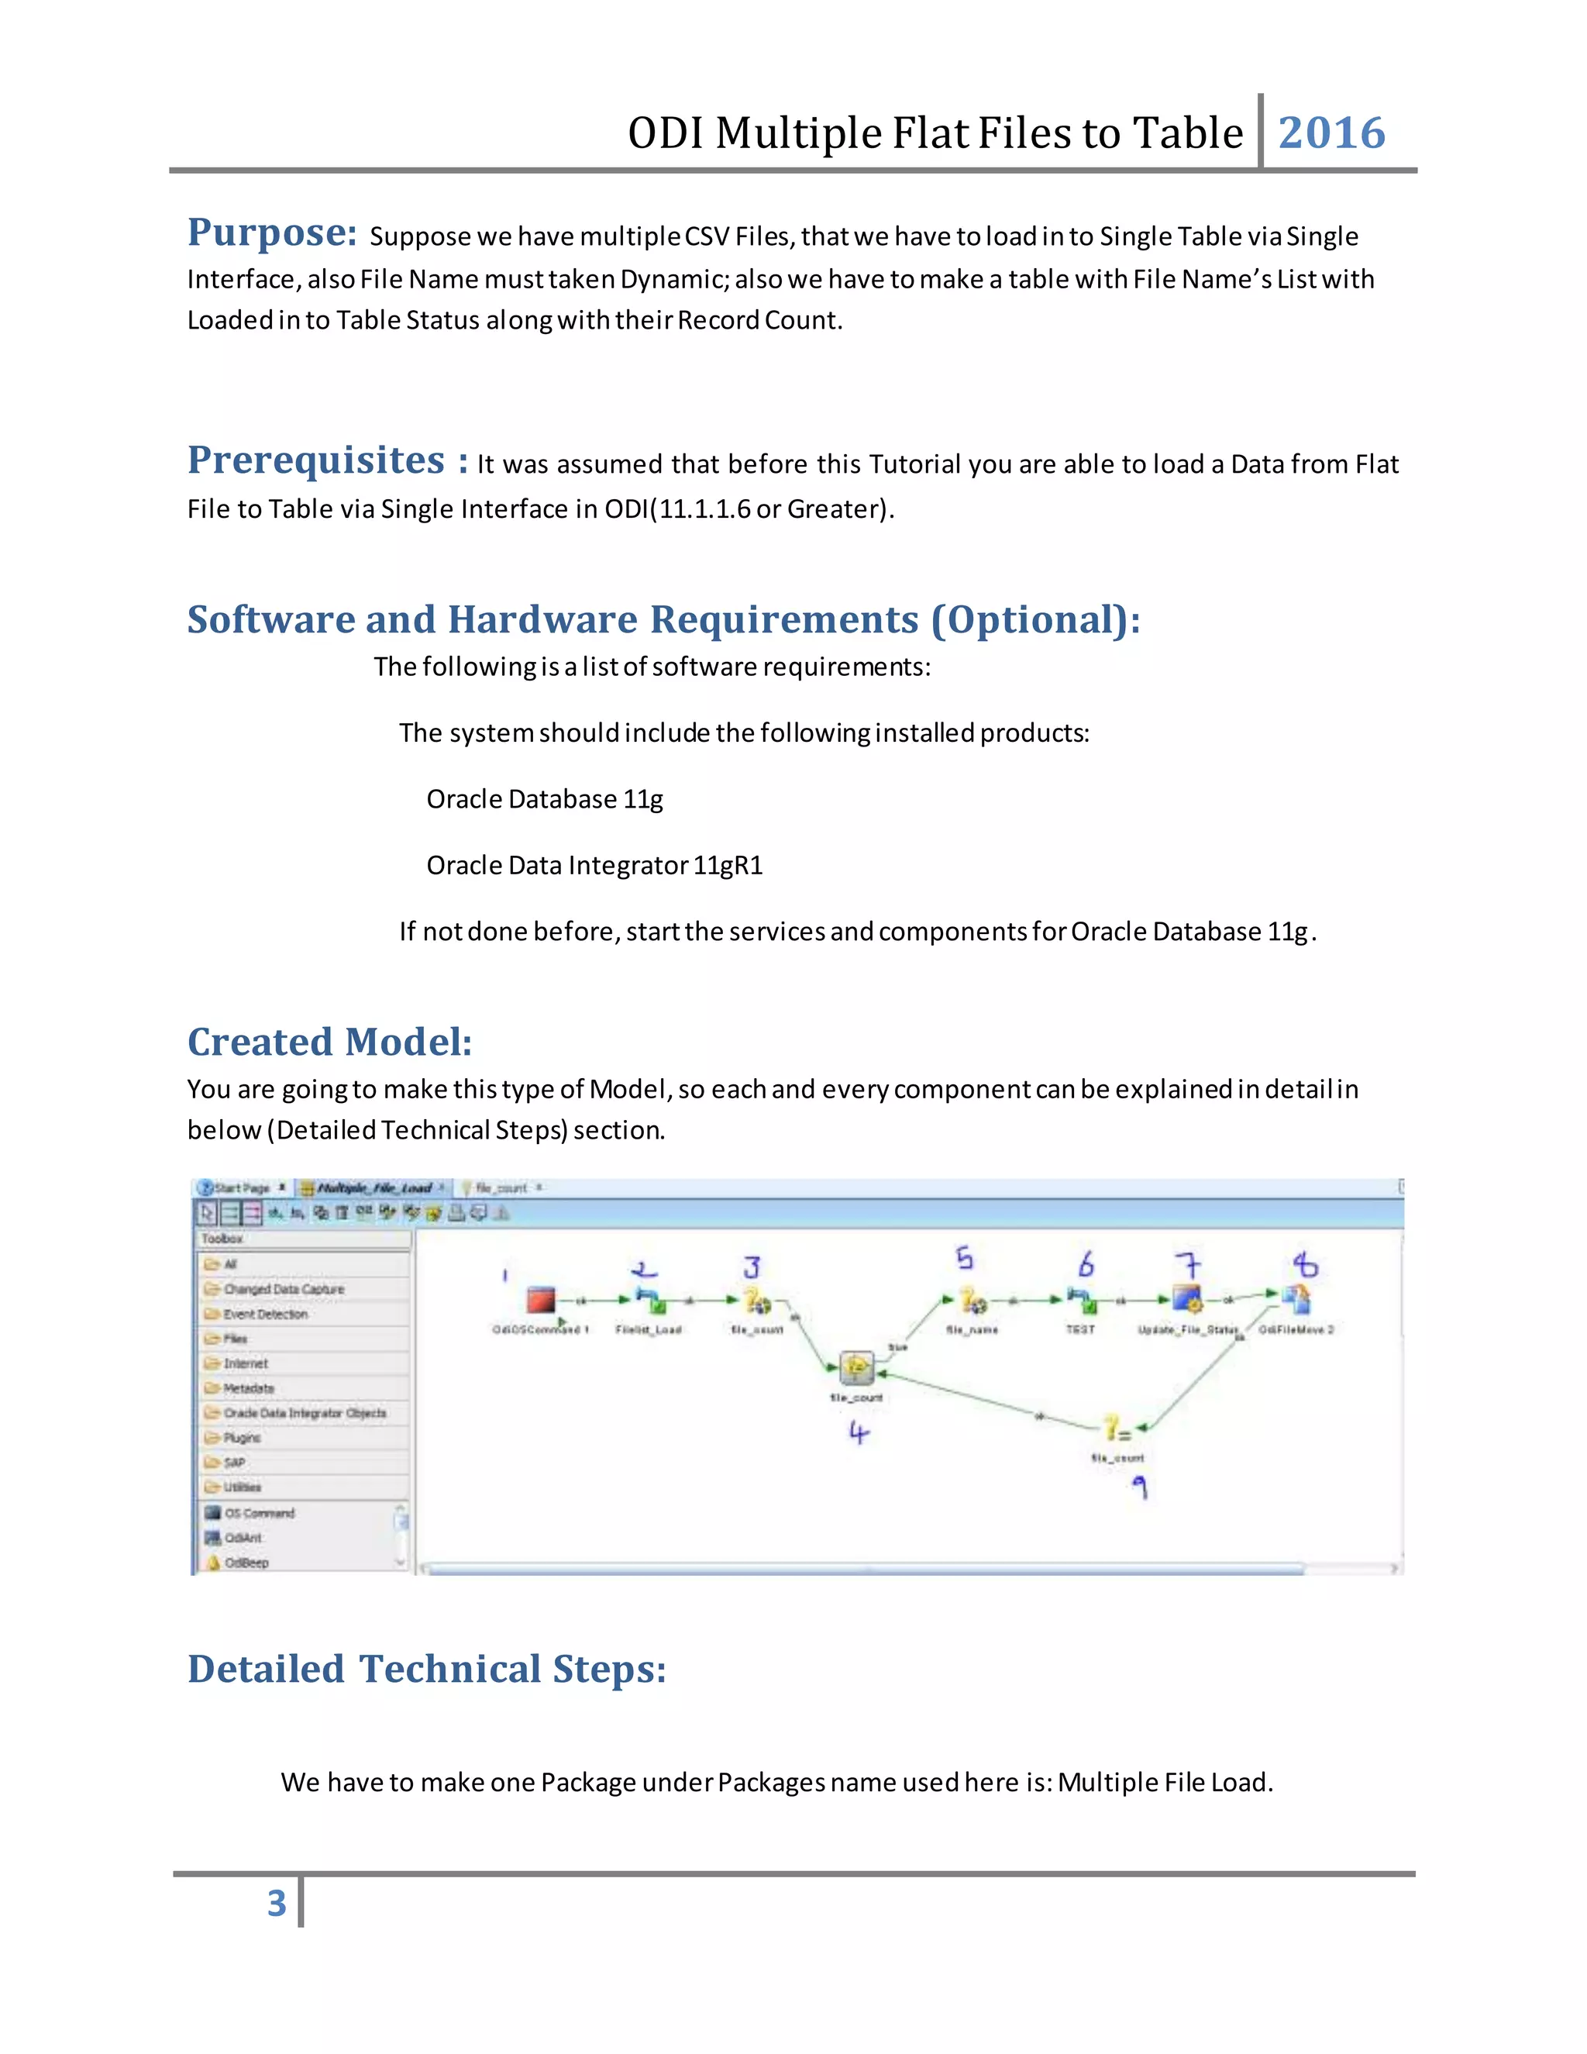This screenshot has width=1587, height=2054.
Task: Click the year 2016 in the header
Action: click(1331, 133)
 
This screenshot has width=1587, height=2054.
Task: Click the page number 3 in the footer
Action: click(277, 1904)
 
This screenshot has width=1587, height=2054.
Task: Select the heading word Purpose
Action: click(272, 233)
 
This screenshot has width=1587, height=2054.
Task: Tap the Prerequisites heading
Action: click(316, 460)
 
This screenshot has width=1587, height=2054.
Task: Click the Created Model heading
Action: click(329, 1042)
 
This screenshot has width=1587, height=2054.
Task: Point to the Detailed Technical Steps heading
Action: click(427, 1670)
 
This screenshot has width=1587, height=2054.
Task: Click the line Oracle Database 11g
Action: click(544, 799)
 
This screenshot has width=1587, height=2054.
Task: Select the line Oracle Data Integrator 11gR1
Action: click(594, 865)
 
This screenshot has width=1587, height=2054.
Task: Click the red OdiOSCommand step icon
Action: click(541, 1301)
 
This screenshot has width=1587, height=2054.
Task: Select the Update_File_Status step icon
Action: click(1187, 1300)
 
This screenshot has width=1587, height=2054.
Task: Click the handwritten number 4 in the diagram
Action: click(858, 1432)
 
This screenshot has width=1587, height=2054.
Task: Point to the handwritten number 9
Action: click(1139, 1486)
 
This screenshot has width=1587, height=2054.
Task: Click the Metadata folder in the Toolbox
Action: click(248, 1388)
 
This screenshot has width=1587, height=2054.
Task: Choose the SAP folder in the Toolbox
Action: click(234, 1463)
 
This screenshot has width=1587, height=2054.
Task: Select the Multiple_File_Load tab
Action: click(374, 1187)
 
